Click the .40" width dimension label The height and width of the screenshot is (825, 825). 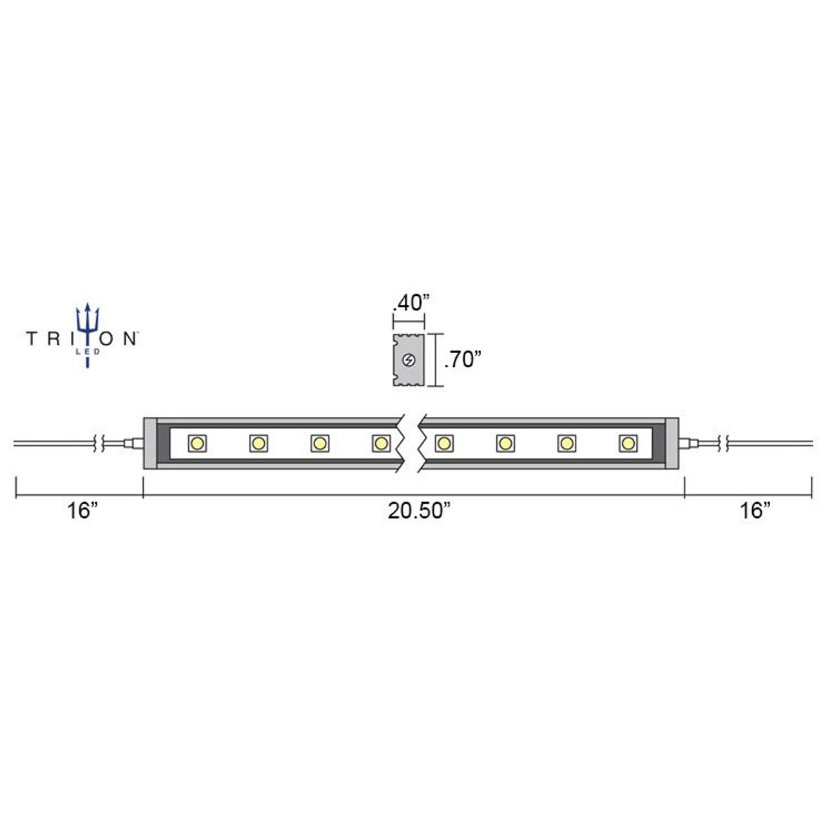[x=410, y=302]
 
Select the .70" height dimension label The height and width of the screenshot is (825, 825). [x=463, y=360]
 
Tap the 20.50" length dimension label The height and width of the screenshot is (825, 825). [x=418, y=511]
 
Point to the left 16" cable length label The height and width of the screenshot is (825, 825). [x=82, y=511]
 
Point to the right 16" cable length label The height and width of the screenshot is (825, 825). [x=755, y=511]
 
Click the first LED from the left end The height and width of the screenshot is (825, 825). [x=197, y=443]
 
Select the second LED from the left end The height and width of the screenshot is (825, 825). [x=258, y=443]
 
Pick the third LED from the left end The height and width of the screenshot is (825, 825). [x=319, y=443]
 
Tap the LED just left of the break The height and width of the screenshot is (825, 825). [x=380, y=443]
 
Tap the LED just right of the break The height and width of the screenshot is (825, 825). [x=443, y=443]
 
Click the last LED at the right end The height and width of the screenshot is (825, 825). [x=628, y=443]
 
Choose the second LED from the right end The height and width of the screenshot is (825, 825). [x=567, y=443]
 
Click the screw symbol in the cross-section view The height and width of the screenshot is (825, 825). [x=408, y=360]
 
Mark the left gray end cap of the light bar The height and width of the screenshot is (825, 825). [x=150, y=443]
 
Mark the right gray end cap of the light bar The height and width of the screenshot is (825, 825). [x=672, y=443]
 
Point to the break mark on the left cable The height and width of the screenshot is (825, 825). [x=99, y=443]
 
